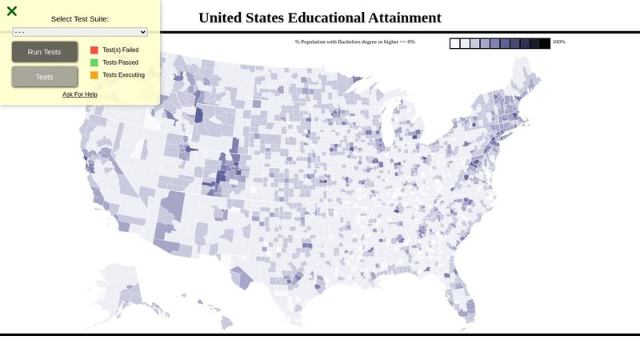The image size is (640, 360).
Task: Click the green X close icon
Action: [12, 11]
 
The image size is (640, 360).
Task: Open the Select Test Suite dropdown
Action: [80, 32]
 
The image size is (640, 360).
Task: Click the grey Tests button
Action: [45, 77]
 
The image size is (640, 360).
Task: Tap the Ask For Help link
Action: [80, 94]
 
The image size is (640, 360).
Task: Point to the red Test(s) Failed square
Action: [94, 50]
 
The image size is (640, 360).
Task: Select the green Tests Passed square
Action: [94, 62]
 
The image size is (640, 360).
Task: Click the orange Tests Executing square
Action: [94, 75]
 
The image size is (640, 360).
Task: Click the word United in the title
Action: [223, 18]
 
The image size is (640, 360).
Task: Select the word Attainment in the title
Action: [404, 18]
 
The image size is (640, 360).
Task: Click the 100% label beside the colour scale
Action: [558, 42]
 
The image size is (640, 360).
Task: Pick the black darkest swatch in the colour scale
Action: [545, 44]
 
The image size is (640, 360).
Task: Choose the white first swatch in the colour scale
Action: [454, 44]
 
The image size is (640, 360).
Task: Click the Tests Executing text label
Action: [124, 75]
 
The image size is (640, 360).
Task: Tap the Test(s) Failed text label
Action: [121, 50]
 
